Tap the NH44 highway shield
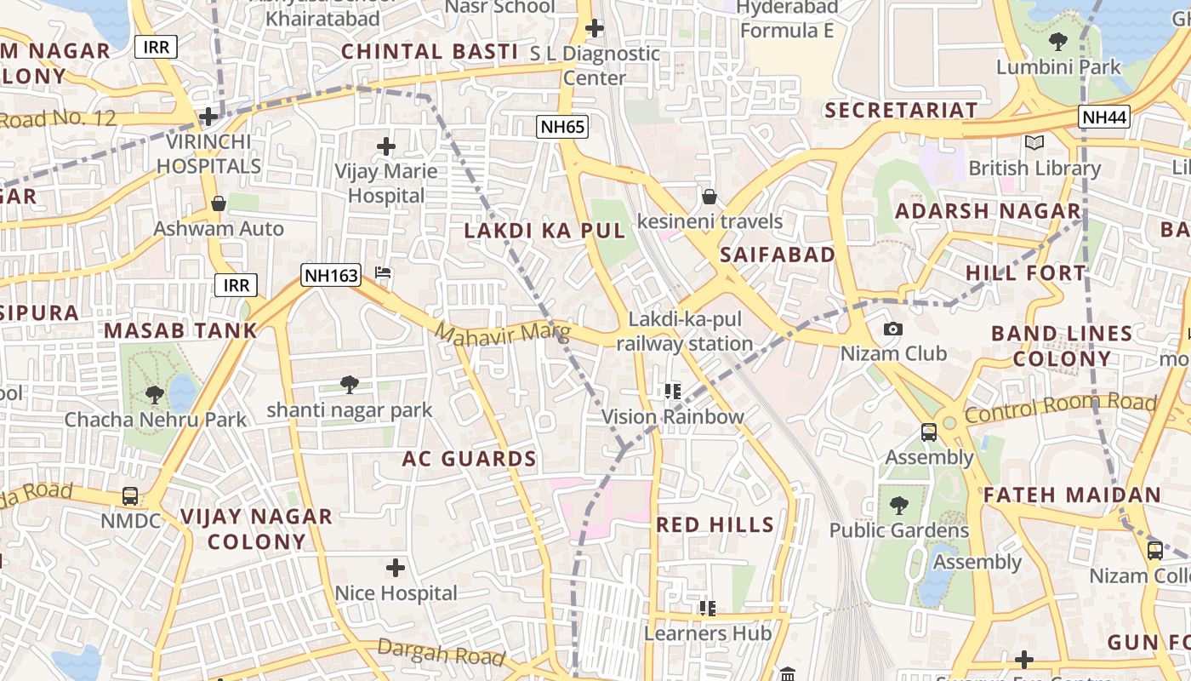click(x=1104, y=117)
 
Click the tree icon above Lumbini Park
click(x=1058, y=41)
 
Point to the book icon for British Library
click(x=1034, y=143)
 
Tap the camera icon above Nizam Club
click(x=893, y=329)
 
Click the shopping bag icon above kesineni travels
click(x=709, y=197)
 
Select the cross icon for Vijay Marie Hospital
click(x=386, y=146)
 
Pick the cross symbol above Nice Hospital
click(x=396, y=567)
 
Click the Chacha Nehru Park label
click(x=156, y=420)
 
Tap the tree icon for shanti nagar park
click(x=349, y=385)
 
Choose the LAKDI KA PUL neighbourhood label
click(x=544, y=231)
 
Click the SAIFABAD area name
click(x=777, y=255)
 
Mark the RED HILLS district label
click(x=715, y=524)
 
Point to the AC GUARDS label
click(x=469, y=460)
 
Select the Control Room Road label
click(x=1060, y=408)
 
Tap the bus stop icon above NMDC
click(x=130, y=495)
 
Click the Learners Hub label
click(x=707, y=633)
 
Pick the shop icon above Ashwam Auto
click(x=219, y=203)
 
